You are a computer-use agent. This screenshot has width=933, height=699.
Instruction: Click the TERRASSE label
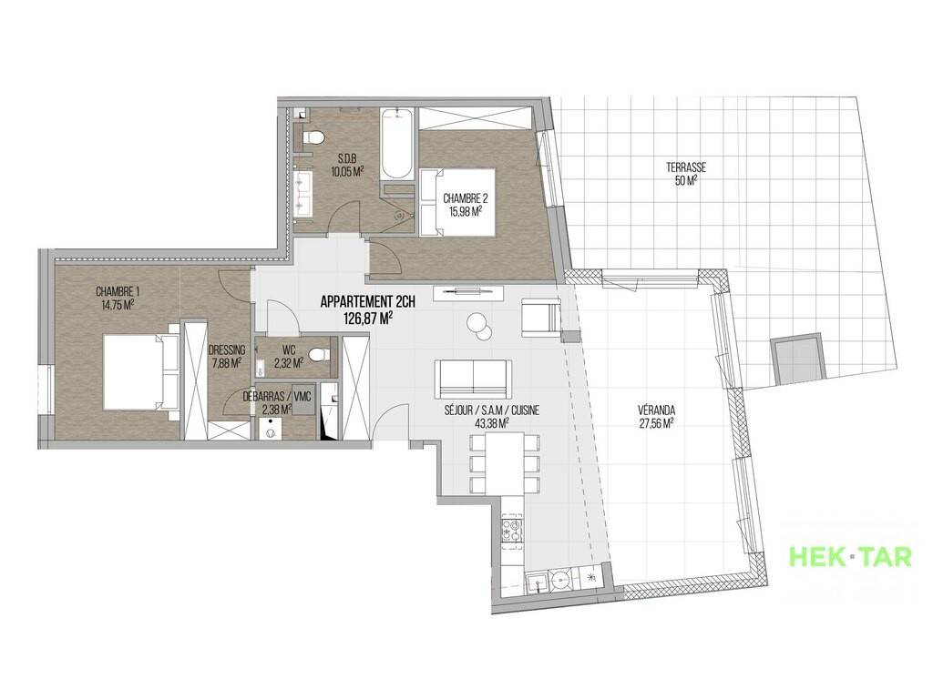point(686,167)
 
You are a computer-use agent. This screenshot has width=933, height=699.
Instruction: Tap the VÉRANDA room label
point(656,410)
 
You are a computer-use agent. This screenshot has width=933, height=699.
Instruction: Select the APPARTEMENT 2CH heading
point(368,301)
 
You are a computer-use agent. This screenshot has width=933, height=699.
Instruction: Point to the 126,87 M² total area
point(368,319)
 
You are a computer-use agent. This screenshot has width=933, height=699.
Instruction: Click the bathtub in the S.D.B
point(395,144)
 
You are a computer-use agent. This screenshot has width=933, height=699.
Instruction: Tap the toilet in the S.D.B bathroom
point(313,138)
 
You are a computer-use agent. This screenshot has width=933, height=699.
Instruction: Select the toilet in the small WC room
point(319,356)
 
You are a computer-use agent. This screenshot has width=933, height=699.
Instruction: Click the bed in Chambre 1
point(141,371)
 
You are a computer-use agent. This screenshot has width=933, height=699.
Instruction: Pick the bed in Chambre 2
point(457,202)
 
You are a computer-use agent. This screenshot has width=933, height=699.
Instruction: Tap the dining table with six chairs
point(505,463)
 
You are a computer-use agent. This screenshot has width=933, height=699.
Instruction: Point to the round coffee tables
point(479,326)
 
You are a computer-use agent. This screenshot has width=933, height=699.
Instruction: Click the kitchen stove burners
point(512,531)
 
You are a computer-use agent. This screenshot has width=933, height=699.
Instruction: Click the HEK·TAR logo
point(850,557)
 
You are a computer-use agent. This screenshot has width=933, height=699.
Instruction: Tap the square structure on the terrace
point(798,360)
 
